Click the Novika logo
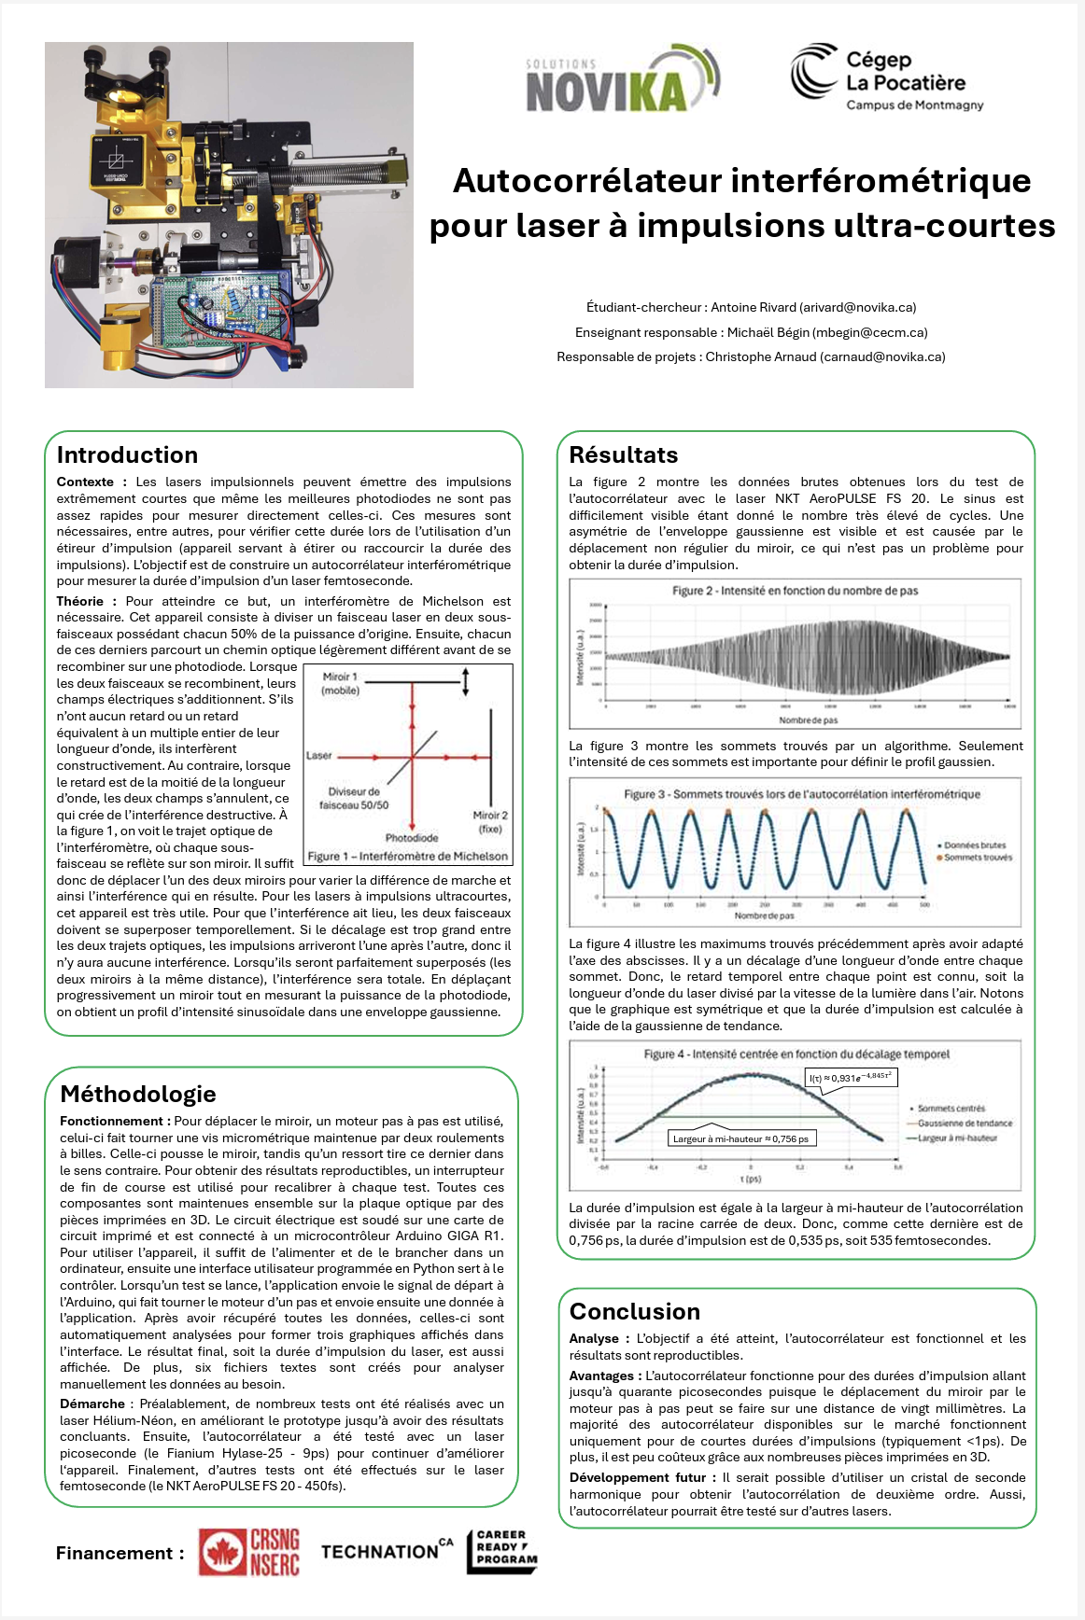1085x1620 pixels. [x=622, y=81]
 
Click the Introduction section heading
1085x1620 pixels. [x=127, y=455]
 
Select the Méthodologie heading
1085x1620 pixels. [x=138, y=1094]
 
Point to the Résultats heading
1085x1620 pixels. [x=624, y=455]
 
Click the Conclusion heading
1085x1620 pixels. [x=635, y=1311]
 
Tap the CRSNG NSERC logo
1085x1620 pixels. [x=249, y=1552]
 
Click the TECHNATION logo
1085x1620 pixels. [x=387, y=1551]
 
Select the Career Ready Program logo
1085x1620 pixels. [x=502, y=1552]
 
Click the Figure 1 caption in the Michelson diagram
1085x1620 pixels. [x=408, y=856]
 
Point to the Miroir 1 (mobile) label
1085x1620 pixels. [x=340, y=683]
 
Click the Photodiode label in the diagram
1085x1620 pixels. [x=412, y=838]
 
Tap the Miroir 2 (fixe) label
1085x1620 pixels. [x=490, y=821]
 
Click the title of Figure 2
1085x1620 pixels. [x=795, y=591]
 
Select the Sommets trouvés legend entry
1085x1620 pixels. [x=977, y=857]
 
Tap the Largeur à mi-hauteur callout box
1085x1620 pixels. [x=740, y=1138]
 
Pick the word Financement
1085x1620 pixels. [x=114, y=1553]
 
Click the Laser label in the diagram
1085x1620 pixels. [x=319, y=755]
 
